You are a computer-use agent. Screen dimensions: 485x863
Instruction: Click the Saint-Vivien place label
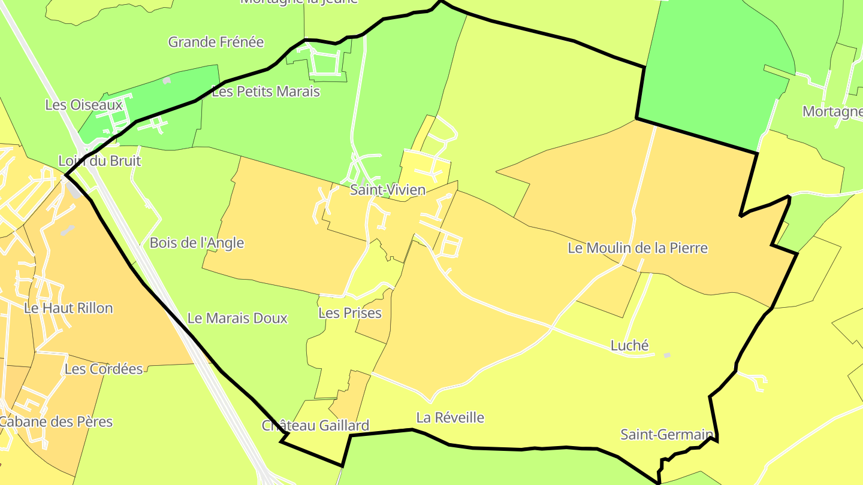[x=388, y=190]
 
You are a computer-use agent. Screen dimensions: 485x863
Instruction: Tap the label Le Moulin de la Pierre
[x=638, y=248]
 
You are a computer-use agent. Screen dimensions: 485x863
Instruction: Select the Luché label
[x=629, y=345]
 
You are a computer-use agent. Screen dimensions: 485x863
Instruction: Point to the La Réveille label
[x=449, y=417]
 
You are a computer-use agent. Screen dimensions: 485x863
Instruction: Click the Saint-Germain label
[x=666, y=434]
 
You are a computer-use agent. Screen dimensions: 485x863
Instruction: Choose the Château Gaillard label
[x=315, y=426]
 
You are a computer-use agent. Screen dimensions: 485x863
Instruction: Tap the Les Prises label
[x=350, y=313]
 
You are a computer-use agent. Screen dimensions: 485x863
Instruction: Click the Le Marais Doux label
[x=237, y=318]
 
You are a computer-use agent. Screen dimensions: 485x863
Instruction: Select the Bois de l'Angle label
[x=197, y=242]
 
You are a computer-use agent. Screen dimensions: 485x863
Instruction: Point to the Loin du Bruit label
[x=99, y=160]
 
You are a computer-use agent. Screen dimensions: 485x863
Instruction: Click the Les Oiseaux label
[x=84, y=105]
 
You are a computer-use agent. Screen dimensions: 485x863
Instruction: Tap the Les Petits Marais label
[x=266, y=92]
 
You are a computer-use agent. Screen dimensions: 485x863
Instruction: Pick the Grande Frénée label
[x=216, y=42]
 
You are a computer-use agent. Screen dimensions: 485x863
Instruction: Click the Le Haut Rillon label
[x=68, y=308]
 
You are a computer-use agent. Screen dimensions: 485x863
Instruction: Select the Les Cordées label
[x=104, y=369]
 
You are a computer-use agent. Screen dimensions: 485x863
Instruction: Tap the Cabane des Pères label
[x=56, y=422]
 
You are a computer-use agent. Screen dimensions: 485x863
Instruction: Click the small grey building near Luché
[x=666, y=355]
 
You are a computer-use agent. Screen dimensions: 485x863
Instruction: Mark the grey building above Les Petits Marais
[x=167, y=80]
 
